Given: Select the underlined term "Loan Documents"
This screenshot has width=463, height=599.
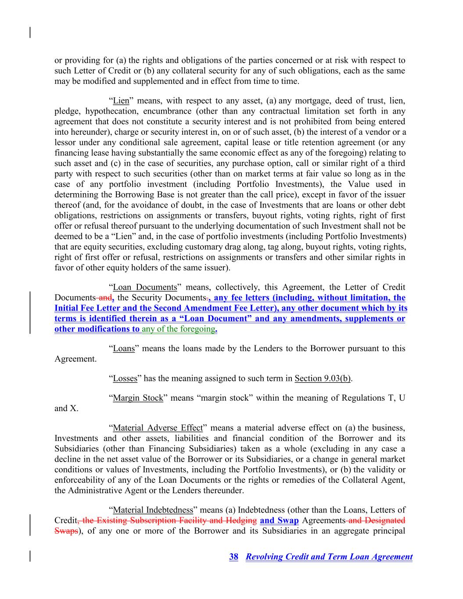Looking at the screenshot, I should [x=145, y=287].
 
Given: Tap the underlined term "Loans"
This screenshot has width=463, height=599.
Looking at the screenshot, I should [x=124, y=348].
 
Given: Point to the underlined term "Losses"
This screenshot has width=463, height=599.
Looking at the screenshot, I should [x=125, y=378].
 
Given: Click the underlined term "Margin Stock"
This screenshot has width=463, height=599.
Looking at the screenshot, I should [x=138, y=398].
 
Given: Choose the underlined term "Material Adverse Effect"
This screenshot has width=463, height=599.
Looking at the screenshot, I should [x=158, y=428].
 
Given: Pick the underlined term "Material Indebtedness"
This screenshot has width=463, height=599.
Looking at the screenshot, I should [x=153, y=510].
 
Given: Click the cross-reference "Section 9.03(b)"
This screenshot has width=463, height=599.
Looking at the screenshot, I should [x=323, y=378].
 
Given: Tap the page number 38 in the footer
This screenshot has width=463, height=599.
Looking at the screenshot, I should [x=234, y=557].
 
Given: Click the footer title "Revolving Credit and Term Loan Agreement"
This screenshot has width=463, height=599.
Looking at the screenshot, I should [x=329, y=557].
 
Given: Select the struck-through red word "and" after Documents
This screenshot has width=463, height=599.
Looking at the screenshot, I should [x=105, y=298].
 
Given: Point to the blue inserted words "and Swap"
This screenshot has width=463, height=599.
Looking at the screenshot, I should [x=279, y=520].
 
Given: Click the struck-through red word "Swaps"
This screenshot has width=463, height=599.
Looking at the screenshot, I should [x=66, y=531].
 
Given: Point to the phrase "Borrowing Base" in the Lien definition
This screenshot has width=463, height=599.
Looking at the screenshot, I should [x=131, y=194].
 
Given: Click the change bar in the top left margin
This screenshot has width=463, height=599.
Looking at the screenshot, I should [x=30, y=32].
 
